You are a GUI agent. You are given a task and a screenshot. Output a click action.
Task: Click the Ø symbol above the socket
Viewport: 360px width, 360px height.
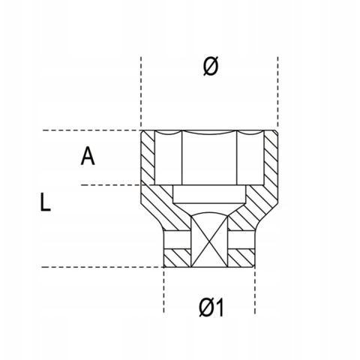tap(211, 65)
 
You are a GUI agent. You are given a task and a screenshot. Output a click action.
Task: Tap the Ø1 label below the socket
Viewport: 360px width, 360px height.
tap(211, 307)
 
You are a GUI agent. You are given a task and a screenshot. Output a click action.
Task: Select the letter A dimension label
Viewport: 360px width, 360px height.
tap(88, 156)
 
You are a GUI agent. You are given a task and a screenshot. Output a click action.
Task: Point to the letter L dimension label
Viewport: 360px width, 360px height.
tap(45, 202)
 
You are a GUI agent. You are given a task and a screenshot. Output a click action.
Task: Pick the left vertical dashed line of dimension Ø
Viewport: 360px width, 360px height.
tap(141, 92)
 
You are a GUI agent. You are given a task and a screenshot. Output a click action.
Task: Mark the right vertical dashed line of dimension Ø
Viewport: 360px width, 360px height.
tap(278, 92)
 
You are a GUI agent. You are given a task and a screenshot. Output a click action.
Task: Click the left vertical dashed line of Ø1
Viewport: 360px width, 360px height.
tap(164, 290)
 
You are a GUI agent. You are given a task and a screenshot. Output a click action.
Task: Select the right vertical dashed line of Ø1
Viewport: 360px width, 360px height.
tap(255, 290)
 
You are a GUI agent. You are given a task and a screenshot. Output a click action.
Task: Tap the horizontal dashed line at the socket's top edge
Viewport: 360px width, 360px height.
tap(91, 130)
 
